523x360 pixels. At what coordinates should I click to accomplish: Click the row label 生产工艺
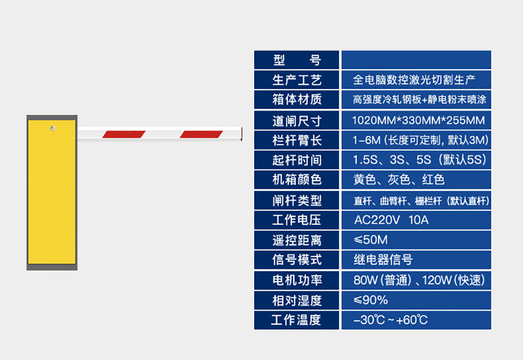click(297, 80)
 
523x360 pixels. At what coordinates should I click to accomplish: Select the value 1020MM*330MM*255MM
click(418, 120)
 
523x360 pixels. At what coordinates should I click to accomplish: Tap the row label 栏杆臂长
click(297, 140)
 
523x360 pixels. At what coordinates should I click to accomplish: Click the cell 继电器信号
click(383, 260)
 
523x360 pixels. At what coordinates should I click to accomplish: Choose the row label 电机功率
click(297, 280)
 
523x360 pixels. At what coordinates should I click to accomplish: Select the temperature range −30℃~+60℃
click(391, 320)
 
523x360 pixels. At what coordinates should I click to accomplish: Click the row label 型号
click(297, 60)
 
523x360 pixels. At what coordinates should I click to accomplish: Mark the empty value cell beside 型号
click(416, 60)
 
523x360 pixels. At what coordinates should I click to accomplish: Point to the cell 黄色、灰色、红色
click(399, 180)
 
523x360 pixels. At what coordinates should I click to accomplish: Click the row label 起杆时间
click(297, 160)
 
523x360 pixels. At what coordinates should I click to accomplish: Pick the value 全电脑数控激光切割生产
click(414, 80)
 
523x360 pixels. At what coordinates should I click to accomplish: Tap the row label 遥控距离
click(297, 240)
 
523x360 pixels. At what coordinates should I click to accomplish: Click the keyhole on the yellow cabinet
click(52, 127)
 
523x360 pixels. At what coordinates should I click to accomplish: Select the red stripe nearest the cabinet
click(123, 134)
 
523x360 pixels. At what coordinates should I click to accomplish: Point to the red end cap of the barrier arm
click(242, 133)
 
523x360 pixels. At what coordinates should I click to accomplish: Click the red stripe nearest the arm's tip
click(201, 134)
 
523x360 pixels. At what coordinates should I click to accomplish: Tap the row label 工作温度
click(297, 320)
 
